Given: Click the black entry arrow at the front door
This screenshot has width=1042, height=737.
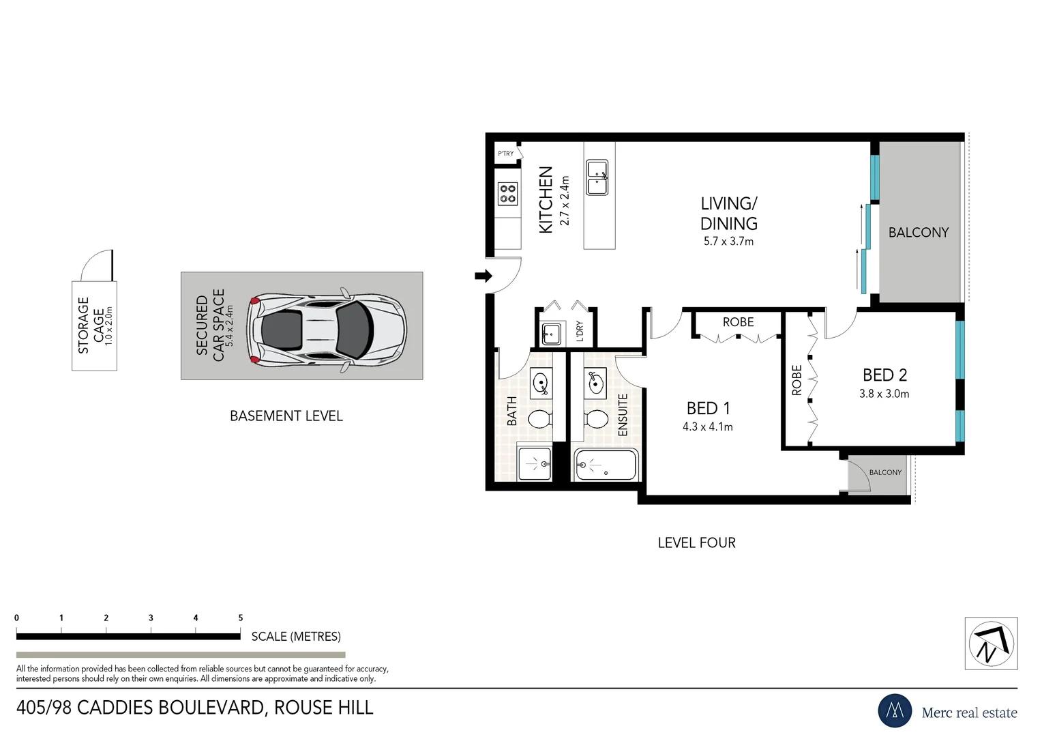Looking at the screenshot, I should (x=483, y=276).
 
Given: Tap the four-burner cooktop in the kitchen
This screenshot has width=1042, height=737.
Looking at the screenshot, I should (x=507, y=194).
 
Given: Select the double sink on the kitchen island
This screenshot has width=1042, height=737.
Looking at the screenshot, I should (x=597, y=177).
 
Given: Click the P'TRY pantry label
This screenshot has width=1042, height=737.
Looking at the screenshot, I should (x=505, y=154).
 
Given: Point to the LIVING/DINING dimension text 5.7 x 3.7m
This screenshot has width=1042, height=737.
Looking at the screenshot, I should (x=728, y=242).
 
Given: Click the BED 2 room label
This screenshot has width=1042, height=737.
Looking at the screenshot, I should (x=884, y=375).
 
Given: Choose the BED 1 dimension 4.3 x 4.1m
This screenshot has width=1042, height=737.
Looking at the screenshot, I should (x=707, y=427).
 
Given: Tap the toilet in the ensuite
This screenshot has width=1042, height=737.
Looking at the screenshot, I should (x=597, y=419).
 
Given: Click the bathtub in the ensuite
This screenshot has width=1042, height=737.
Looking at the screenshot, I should (x=606, y=465).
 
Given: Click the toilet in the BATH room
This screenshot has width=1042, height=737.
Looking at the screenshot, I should (x=539, y=419).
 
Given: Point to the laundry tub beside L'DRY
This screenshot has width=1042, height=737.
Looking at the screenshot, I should (x=550, y=334).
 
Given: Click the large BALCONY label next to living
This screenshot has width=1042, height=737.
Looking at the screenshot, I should (x=918, y=233).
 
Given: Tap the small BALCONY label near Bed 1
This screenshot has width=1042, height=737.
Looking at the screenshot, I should (x=885, y=472).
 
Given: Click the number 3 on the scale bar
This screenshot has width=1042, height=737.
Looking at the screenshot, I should (x=151, y=618).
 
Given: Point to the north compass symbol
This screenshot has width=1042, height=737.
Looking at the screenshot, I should (x=991, y=644).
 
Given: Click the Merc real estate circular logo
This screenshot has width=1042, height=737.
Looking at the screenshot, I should (x=894, y=711).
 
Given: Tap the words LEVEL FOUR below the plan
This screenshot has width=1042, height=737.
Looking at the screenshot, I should (x=696, y=543).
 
